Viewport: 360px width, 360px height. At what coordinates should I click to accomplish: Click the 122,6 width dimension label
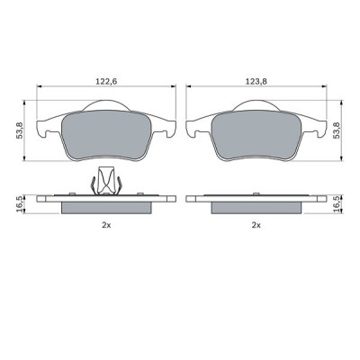pos(106,81)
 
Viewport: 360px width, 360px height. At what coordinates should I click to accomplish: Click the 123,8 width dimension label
pos(256,81)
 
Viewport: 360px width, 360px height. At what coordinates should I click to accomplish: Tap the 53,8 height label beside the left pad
pos(20,131)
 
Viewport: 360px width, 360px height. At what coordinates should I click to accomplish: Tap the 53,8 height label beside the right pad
pos(337,130)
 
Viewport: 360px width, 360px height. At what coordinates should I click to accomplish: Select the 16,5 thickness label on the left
pos(19,204)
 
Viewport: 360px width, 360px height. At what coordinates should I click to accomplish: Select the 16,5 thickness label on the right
pos(337,204)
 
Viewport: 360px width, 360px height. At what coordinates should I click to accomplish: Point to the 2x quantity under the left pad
pos(106,225)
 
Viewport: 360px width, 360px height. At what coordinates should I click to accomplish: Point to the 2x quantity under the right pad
pos(256,225)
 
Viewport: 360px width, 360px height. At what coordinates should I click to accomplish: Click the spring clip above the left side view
pos(106,181)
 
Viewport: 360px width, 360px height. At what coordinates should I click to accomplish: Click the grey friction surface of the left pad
pos(106,135)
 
